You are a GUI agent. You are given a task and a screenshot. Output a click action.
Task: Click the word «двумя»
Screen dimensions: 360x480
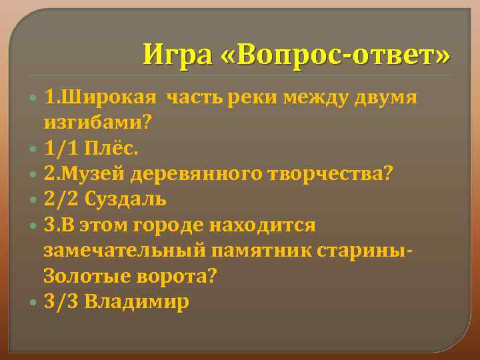pos(384,98)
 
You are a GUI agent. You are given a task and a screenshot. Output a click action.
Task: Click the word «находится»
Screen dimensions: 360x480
pos(262,225)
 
